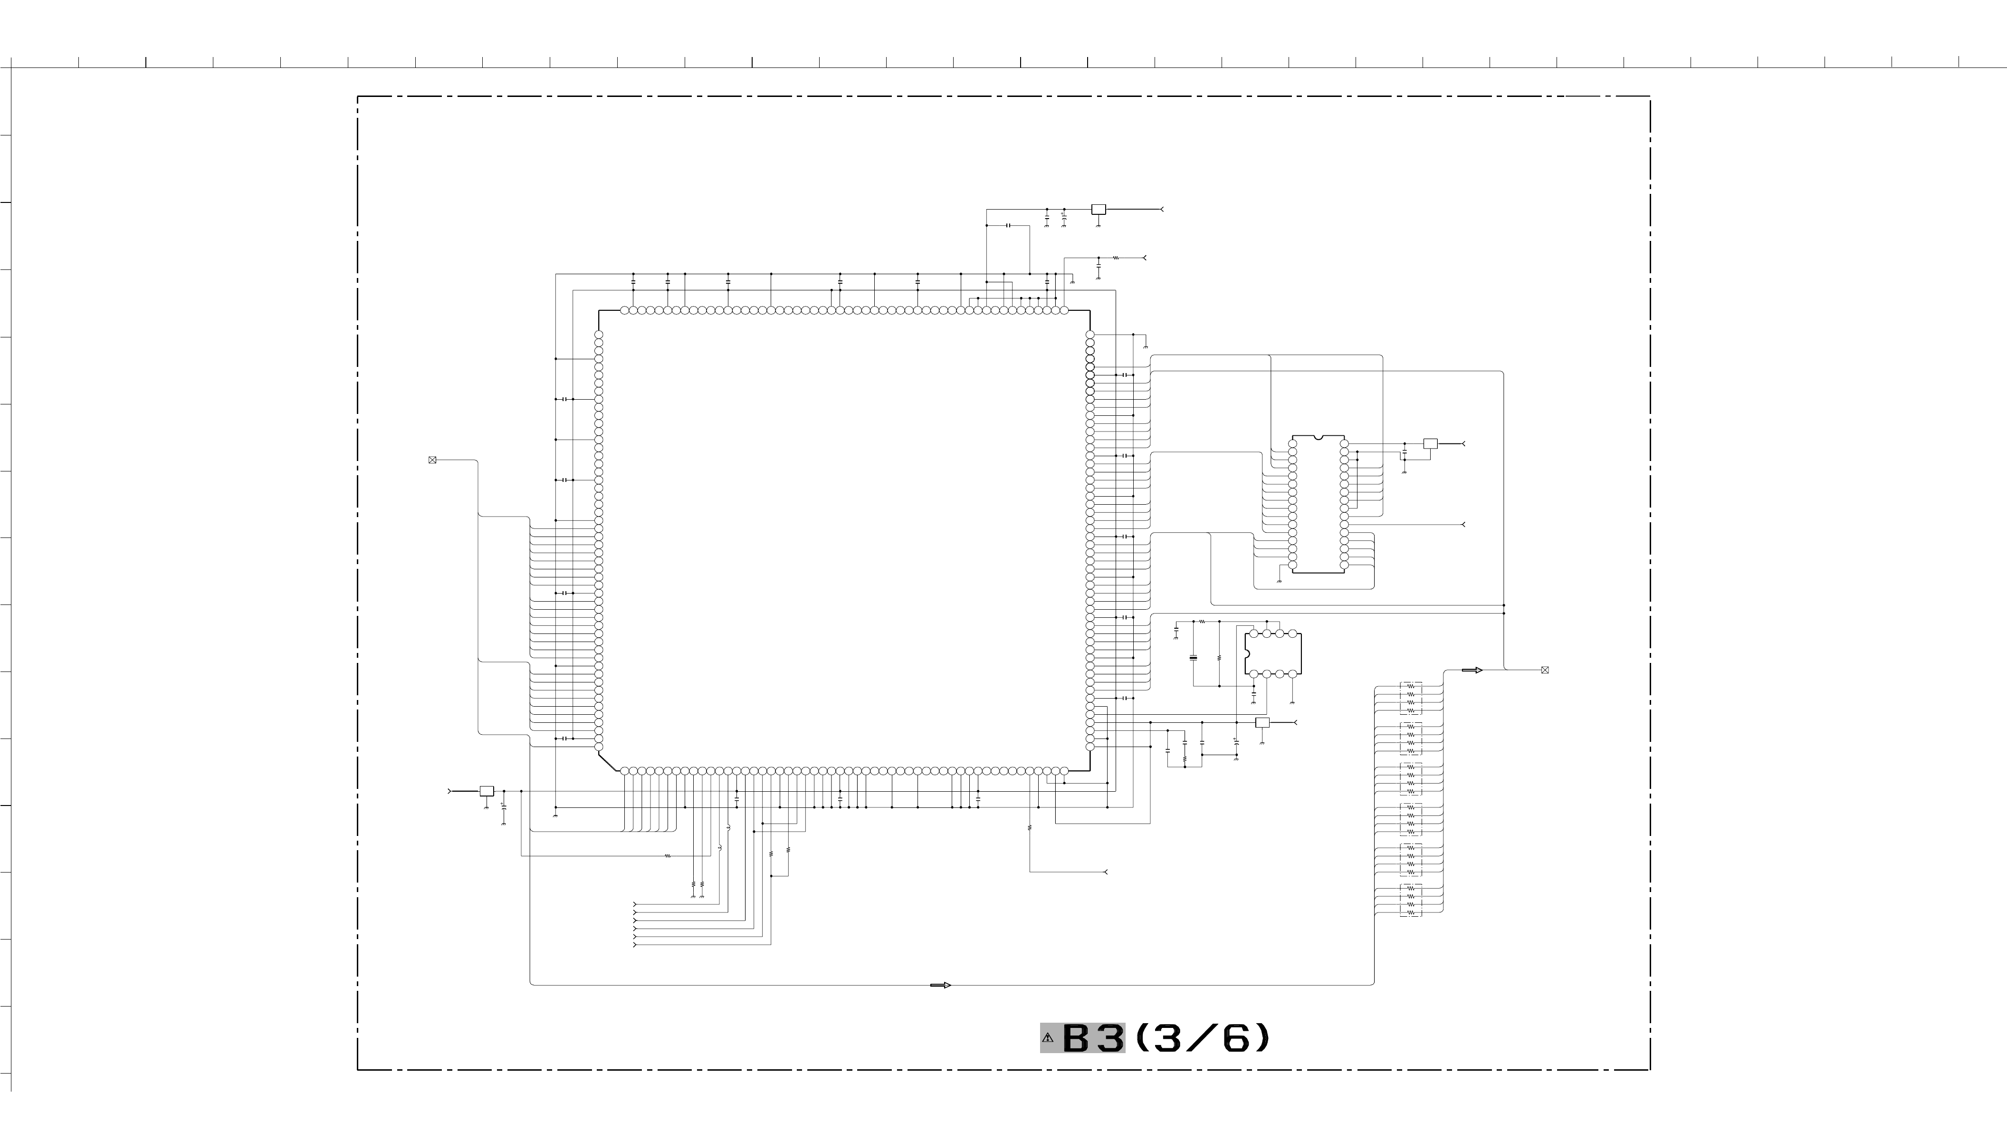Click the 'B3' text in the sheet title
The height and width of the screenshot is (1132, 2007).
coord(1093,1038)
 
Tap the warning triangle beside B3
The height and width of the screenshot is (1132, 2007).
coord(1048,1038)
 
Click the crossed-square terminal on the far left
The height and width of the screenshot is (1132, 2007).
coord(432,460)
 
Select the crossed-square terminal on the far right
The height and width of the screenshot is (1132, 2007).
coord(1545,670)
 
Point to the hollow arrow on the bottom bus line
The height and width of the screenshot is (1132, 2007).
coord(940,986)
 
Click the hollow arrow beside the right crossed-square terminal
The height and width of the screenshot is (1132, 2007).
coord(1472,670)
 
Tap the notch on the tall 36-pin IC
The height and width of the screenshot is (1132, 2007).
coord(1318,438)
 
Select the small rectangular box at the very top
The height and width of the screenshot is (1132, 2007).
coord(1099,210)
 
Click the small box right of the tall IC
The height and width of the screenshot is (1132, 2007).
coord(1431,443)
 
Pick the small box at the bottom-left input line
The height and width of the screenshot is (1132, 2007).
coord(487,791)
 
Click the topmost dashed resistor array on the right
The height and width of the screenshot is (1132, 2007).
coord(1411,698)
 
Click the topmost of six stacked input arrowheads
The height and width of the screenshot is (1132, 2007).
coord(635,904)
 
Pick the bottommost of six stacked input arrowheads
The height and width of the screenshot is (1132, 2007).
coord(635,945)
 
